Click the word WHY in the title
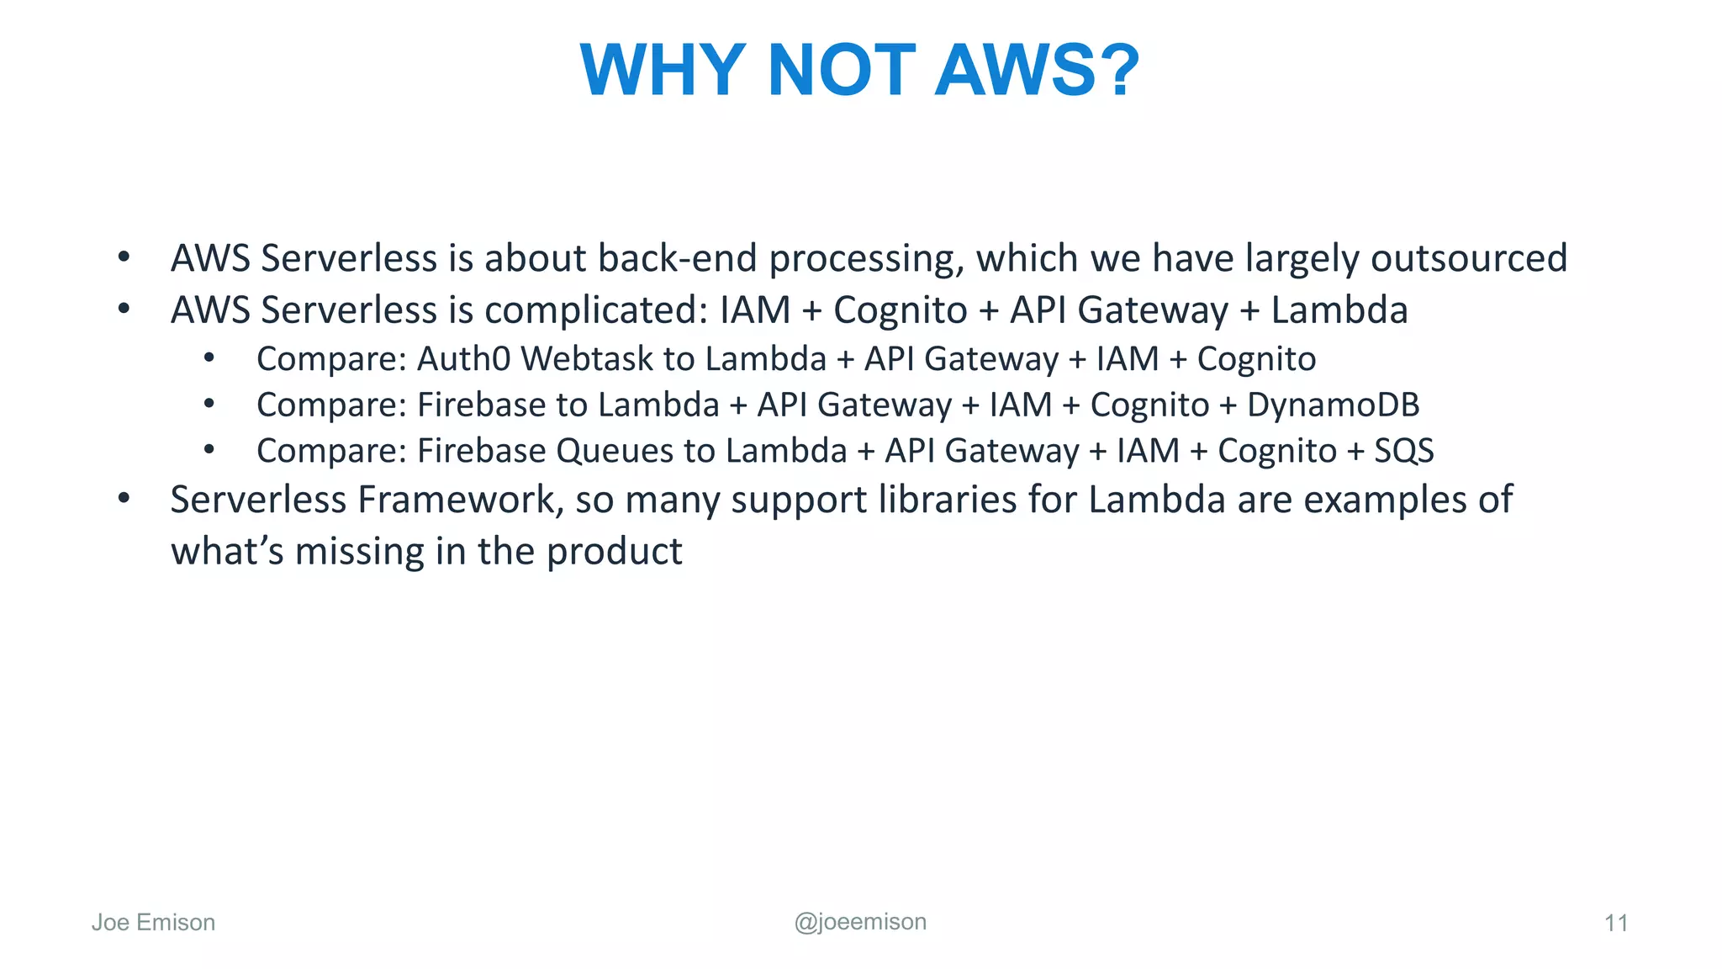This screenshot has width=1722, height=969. tap(663, 70)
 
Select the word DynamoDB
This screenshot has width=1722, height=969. tap(1333, 405)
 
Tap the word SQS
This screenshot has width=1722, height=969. tap(1403, 452)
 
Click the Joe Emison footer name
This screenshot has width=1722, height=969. tap(153, 923)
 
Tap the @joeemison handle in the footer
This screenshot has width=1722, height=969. tap(860, 922)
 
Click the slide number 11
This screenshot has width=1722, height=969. tap(1615, 924)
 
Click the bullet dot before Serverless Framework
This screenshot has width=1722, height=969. tap(124, 498)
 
